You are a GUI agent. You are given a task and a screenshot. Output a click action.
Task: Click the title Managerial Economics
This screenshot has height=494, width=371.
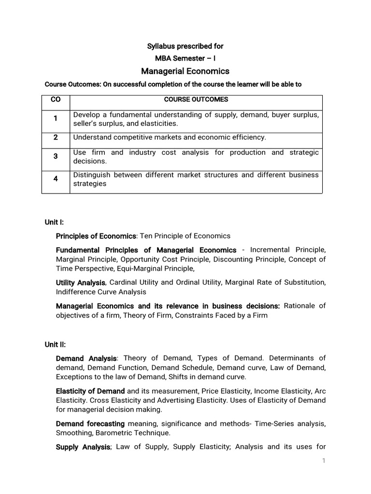click(x=185, y=71)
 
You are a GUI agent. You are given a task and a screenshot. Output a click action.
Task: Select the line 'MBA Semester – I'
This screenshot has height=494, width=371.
click(x=185, y=58)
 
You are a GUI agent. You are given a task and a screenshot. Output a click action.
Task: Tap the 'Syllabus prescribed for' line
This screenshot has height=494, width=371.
click(x=185, y=46)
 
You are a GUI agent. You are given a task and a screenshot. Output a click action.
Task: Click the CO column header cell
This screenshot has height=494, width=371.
click(x=56, y=99)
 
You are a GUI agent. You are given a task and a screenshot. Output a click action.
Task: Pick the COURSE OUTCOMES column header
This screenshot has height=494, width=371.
click(x=196, y=99)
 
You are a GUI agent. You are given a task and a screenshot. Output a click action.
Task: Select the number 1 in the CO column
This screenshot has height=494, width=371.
click(x=56, y=118)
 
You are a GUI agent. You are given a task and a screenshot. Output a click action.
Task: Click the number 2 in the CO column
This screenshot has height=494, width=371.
click(x=56, y=137)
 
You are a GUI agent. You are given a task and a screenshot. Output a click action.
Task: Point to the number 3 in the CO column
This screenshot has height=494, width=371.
click(x=56, y=156)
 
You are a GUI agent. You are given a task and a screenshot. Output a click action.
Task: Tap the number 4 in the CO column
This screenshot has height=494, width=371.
click(x=56, y=179)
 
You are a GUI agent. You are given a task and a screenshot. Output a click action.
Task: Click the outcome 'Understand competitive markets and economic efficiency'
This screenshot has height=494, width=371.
click(x=170, y=137)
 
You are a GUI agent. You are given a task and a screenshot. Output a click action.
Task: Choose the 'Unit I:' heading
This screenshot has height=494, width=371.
click(x=55, y=222)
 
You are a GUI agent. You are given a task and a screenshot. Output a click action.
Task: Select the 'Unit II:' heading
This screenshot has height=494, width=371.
click(x=55, y=344)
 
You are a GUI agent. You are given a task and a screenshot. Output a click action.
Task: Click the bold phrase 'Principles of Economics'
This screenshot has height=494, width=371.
click(x=96, y=236)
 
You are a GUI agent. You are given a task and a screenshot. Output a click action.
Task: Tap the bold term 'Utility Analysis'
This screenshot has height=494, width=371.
click(x=80, y=282)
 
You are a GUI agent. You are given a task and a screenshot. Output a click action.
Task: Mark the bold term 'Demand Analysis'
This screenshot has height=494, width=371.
click(x=86, y=358)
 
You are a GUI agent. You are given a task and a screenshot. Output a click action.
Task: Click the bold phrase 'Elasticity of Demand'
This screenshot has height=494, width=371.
click(x=90, y=391)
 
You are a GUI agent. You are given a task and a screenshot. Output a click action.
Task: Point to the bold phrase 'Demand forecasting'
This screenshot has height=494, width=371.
click(x=87, y=424)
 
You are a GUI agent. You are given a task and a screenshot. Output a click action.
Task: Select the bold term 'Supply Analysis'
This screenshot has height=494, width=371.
click(x=83, y=447)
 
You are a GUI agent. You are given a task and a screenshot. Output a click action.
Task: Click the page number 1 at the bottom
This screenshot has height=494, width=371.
click(x=324, y=461)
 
